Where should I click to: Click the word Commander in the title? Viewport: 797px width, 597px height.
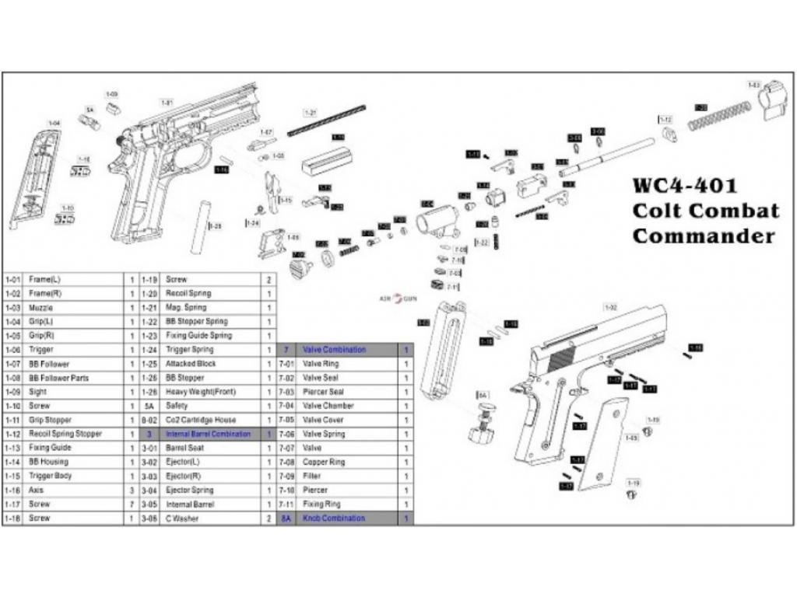coord(704,236)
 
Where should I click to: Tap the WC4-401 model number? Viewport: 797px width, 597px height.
coord(683,187)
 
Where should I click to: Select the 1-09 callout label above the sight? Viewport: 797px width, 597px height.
coord(112,94)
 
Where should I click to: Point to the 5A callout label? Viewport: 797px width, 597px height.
coord(90,110)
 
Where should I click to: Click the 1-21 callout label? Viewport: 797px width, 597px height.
coord(311,113)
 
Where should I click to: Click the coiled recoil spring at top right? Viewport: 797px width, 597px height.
coord(719,117)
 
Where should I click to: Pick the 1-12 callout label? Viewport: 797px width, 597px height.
coord(665,119)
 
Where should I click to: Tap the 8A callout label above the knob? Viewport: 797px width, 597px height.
coord(483,396)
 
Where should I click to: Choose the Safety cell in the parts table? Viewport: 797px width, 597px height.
coord(177,406)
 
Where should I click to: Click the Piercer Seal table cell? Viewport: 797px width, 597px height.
coord(323,392)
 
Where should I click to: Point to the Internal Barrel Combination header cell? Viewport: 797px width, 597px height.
coord(209,434)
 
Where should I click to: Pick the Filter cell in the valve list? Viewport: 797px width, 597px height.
coord(311,476)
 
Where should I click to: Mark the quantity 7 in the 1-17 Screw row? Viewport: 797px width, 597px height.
coord(132,504)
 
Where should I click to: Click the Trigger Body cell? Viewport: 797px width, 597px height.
coord(51,476)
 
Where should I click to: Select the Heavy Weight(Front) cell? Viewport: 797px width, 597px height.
coord(199,392)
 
